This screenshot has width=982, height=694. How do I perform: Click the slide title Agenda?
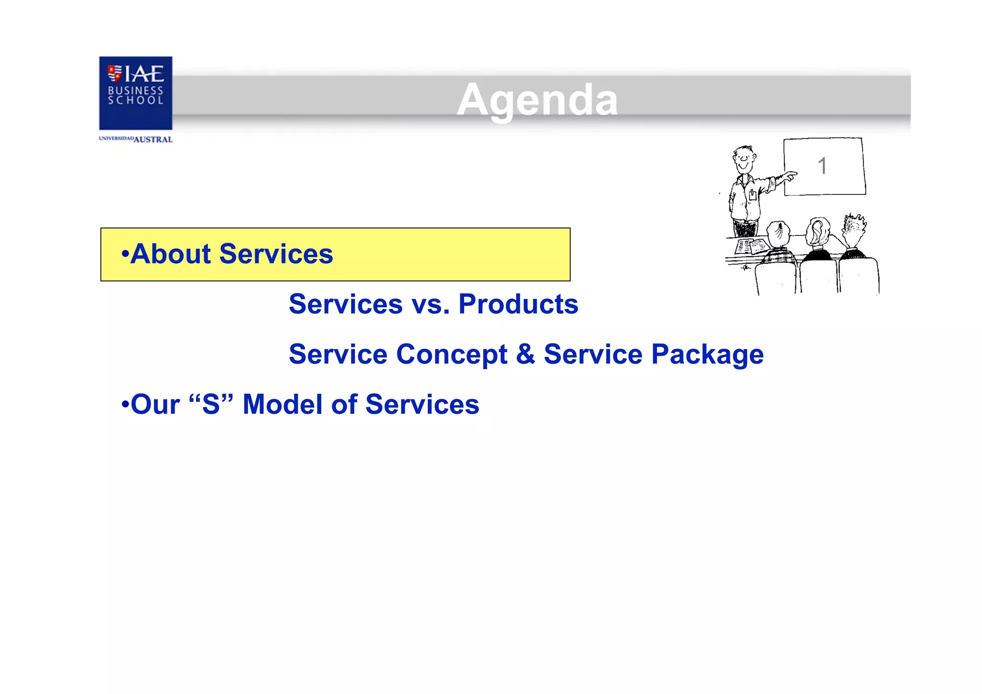pos(537,100)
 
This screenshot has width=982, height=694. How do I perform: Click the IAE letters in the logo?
pos(144,74)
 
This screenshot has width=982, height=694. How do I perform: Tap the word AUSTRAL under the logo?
pos(153,140)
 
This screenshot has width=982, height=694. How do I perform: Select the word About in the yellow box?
pos(171,254)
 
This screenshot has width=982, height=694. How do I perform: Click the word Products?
pos(518,304)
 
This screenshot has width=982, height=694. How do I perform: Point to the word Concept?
pos(451,355)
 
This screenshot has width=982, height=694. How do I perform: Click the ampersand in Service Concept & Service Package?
pos(526,354)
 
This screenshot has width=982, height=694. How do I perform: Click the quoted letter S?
pos(211,404)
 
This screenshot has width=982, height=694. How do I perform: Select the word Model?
pos(282,404)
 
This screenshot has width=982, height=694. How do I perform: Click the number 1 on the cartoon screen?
pos(822,166)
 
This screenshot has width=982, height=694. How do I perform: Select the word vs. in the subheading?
pos(431,304)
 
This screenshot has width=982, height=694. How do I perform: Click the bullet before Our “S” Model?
pos(125,404)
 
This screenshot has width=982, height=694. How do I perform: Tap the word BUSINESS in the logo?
pos(135,90)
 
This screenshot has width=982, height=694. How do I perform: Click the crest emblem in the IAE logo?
pos(114,73)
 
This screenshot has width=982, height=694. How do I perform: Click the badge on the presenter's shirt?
pos(753,195)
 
